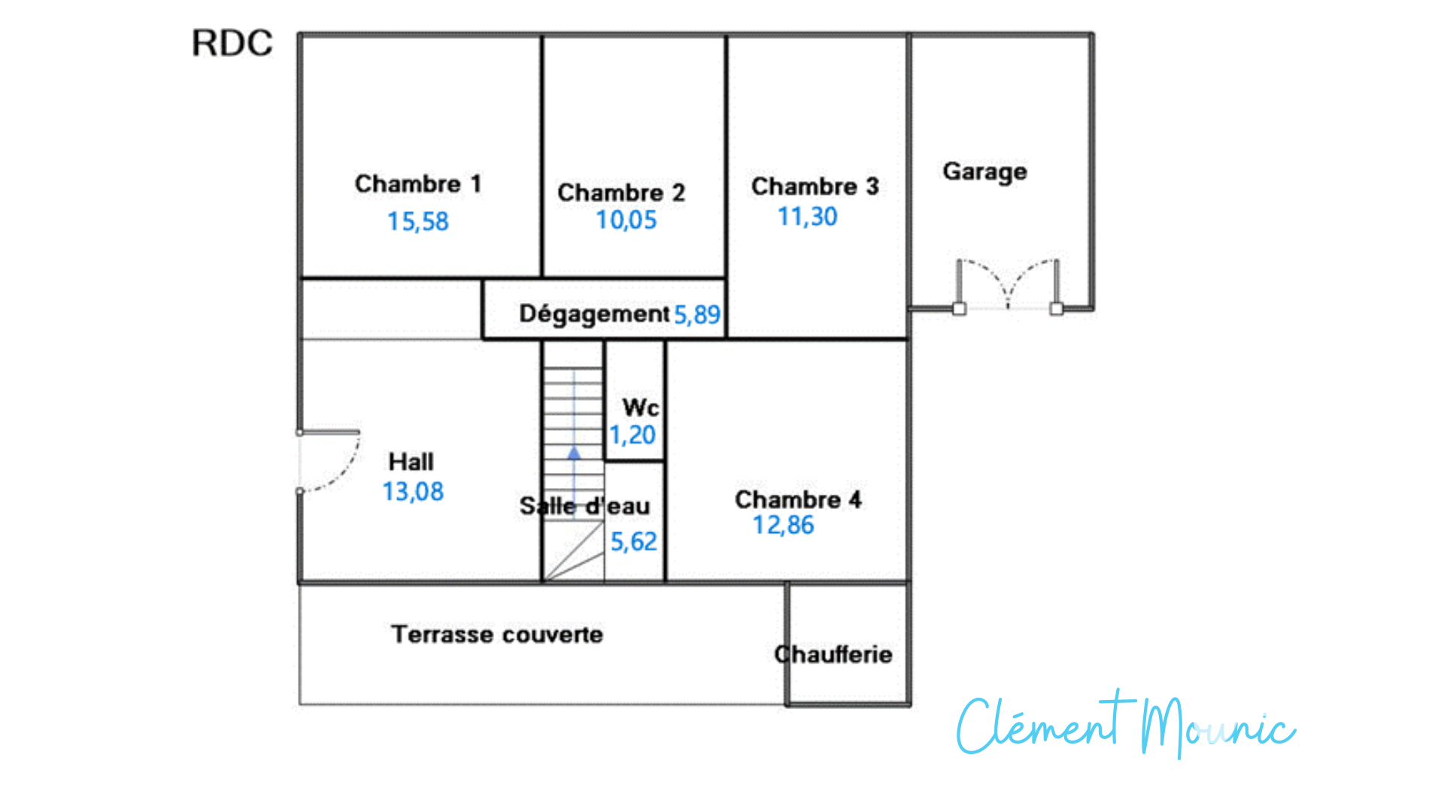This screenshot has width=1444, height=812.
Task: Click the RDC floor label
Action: click(x=232, y=44)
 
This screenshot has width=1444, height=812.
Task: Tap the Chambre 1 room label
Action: click(x=418, y=183)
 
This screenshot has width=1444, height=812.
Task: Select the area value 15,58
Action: click(x=418, y=221)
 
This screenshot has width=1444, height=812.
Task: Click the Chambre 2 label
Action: click(x=621, y=192)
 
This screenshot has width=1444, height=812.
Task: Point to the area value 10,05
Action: click(x=626, y=220)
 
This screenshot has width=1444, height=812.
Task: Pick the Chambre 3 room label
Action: click(x=815, y=186)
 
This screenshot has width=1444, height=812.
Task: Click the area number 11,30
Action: click(x=807, y=217)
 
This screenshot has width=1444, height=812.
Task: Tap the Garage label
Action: click(x=984, y=172)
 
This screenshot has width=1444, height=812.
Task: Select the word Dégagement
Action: click(x=594, y=314)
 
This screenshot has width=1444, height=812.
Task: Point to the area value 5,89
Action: click(x=697, y=314)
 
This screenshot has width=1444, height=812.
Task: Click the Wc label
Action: click(x=641, y=408)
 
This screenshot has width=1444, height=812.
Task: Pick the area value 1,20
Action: click(x=633, y=435)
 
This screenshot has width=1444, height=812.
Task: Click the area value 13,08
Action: click(x=413, y=492)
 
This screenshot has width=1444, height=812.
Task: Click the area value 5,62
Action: click(x=633, y=541)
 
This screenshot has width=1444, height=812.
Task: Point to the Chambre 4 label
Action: click(x=798, y=499)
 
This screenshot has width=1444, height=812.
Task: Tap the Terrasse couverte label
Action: click(x=497, y=635)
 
